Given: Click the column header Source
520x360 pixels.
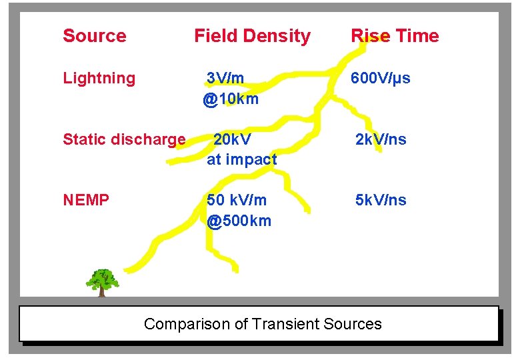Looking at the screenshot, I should click(x=94, y=36).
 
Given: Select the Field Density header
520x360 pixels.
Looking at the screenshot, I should click(x=252, y=36).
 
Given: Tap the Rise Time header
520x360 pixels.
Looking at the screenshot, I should click(x=395, y=36).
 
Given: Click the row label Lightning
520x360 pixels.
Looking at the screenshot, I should click(x=99, y=79).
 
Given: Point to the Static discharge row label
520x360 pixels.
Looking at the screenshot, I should click(x=124, y=140).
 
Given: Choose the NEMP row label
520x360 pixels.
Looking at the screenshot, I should click(x=86, y=200).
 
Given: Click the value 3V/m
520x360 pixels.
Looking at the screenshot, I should click(x=225, y=79).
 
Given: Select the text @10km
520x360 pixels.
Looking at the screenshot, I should click(x=231, y=99).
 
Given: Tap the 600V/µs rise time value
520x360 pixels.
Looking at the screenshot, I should click(x=381, y=79).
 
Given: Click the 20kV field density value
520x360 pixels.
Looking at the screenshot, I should click(x=232, y=140).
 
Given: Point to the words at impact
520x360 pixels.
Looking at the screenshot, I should click(x=241, y=160).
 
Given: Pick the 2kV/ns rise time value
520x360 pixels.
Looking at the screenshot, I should click(x=381, y=140).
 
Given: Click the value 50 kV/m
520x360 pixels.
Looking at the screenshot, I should click(x=237, y=200).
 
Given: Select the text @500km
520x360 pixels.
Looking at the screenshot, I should click(x=239, y=221).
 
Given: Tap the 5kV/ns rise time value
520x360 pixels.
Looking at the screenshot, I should click(x=381, y=200).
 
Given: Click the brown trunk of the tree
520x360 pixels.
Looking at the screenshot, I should click(x=102, y=291).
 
